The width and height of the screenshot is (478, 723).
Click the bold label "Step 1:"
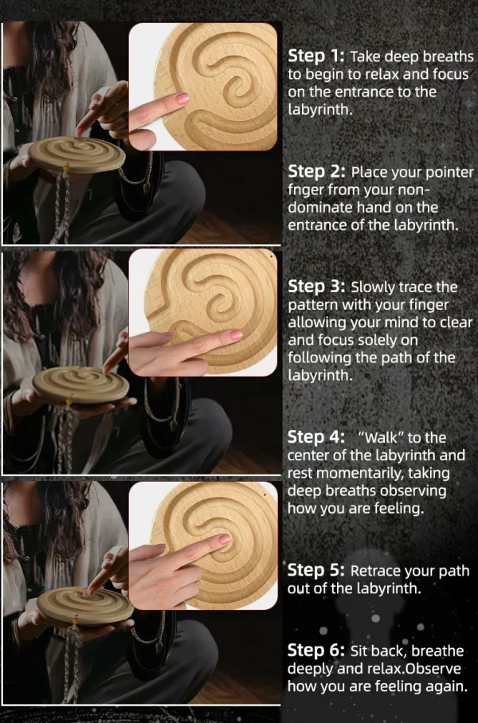[x=316, y=57]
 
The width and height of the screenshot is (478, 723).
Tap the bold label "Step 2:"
[x=316, y=172]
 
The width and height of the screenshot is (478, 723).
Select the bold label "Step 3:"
[x=316, y=287]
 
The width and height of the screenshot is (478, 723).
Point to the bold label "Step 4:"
[x=316, y=437]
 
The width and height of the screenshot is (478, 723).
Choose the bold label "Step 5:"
[x=316, y=570]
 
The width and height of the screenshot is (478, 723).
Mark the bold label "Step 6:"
[x=316, y=651]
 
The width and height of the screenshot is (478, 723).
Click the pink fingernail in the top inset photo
[x=182, y=98]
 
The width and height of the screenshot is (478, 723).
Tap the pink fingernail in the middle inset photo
[x=236, y=336]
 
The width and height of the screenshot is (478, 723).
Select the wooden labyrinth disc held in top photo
[x=76, y=153]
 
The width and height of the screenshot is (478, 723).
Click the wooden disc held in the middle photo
[x=80, y=383]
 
